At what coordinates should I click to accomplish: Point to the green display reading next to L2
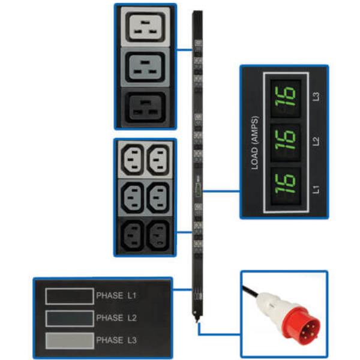[x=286, y=139]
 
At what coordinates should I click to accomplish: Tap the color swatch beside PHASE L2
[x=70, y=318]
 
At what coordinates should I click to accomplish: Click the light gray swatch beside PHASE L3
[x=70, y=340]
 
